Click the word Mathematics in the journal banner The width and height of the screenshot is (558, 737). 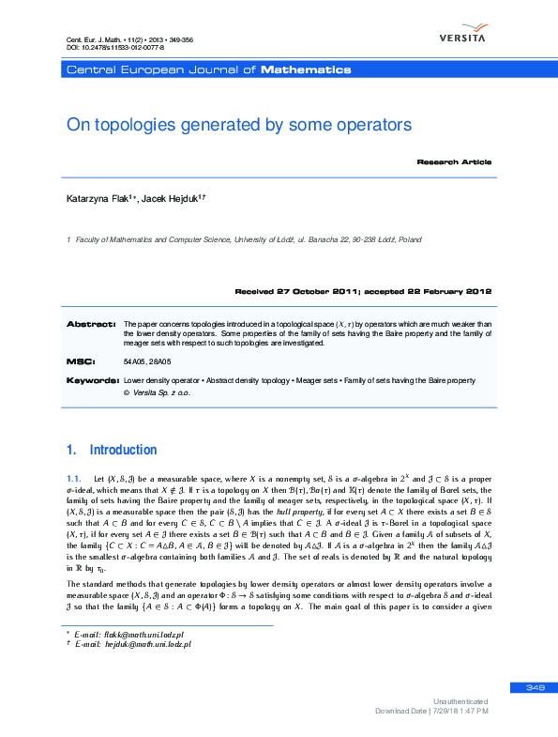[x=306, y=69]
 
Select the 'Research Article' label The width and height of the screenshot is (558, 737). [x=454, y=162]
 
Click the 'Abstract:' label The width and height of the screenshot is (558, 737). [x=90, y=324]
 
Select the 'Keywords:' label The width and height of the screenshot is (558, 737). [x=92, y=380]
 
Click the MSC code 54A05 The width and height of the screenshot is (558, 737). [x=134, y=361]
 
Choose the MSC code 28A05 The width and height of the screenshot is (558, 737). [x=160, y=361]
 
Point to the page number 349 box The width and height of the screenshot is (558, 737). [x=535, y=688]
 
